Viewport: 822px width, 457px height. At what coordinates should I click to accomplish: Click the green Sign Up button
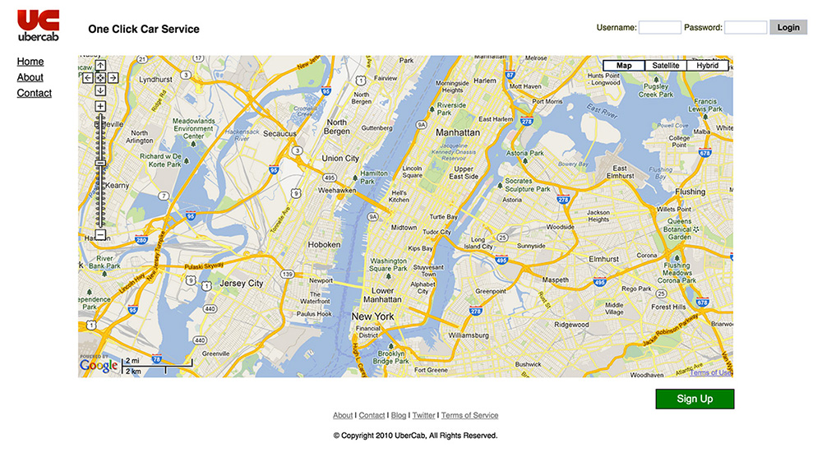coord(695,399)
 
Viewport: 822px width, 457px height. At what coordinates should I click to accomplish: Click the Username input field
coord(659,27)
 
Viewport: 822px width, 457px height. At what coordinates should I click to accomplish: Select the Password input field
coord(746,27)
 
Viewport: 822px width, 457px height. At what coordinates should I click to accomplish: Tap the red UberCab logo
coord(38,25)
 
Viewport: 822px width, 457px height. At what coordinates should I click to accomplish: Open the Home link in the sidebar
coord(30,62)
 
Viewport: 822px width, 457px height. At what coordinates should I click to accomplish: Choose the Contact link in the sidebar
coord(35,93)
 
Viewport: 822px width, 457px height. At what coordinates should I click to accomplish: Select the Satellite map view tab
coord(666,66)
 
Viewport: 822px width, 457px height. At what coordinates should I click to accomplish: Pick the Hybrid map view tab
coord(707,66)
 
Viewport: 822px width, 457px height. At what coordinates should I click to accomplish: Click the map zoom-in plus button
coord(100,106)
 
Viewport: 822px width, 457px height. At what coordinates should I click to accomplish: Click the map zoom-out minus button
coord(100,235)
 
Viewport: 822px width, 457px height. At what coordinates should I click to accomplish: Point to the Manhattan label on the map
coord(458,132)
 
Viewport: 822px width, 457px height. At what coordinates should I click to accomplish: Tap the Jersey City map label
coord(242,284)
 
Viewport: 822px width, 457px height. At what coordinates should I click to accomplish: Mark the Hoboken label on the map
coord(324,245)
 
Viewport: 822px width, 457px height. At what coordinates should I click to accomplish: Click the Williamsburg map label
coord(469,336)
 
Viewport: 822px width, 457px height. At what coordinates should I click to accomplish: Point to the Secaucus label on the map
coord(279,133)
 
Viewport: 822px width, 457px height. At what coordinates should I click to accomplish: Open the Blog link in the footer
coord(399,416)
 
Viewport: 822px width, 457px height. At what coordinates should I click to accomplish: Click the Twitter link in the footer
coord(424,416)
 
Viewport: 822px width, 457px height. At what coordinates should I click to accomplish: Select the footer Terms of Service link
coord(469,416)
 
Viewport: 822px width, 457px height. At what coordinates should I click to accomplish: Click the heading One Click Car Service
coord(144,29)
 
